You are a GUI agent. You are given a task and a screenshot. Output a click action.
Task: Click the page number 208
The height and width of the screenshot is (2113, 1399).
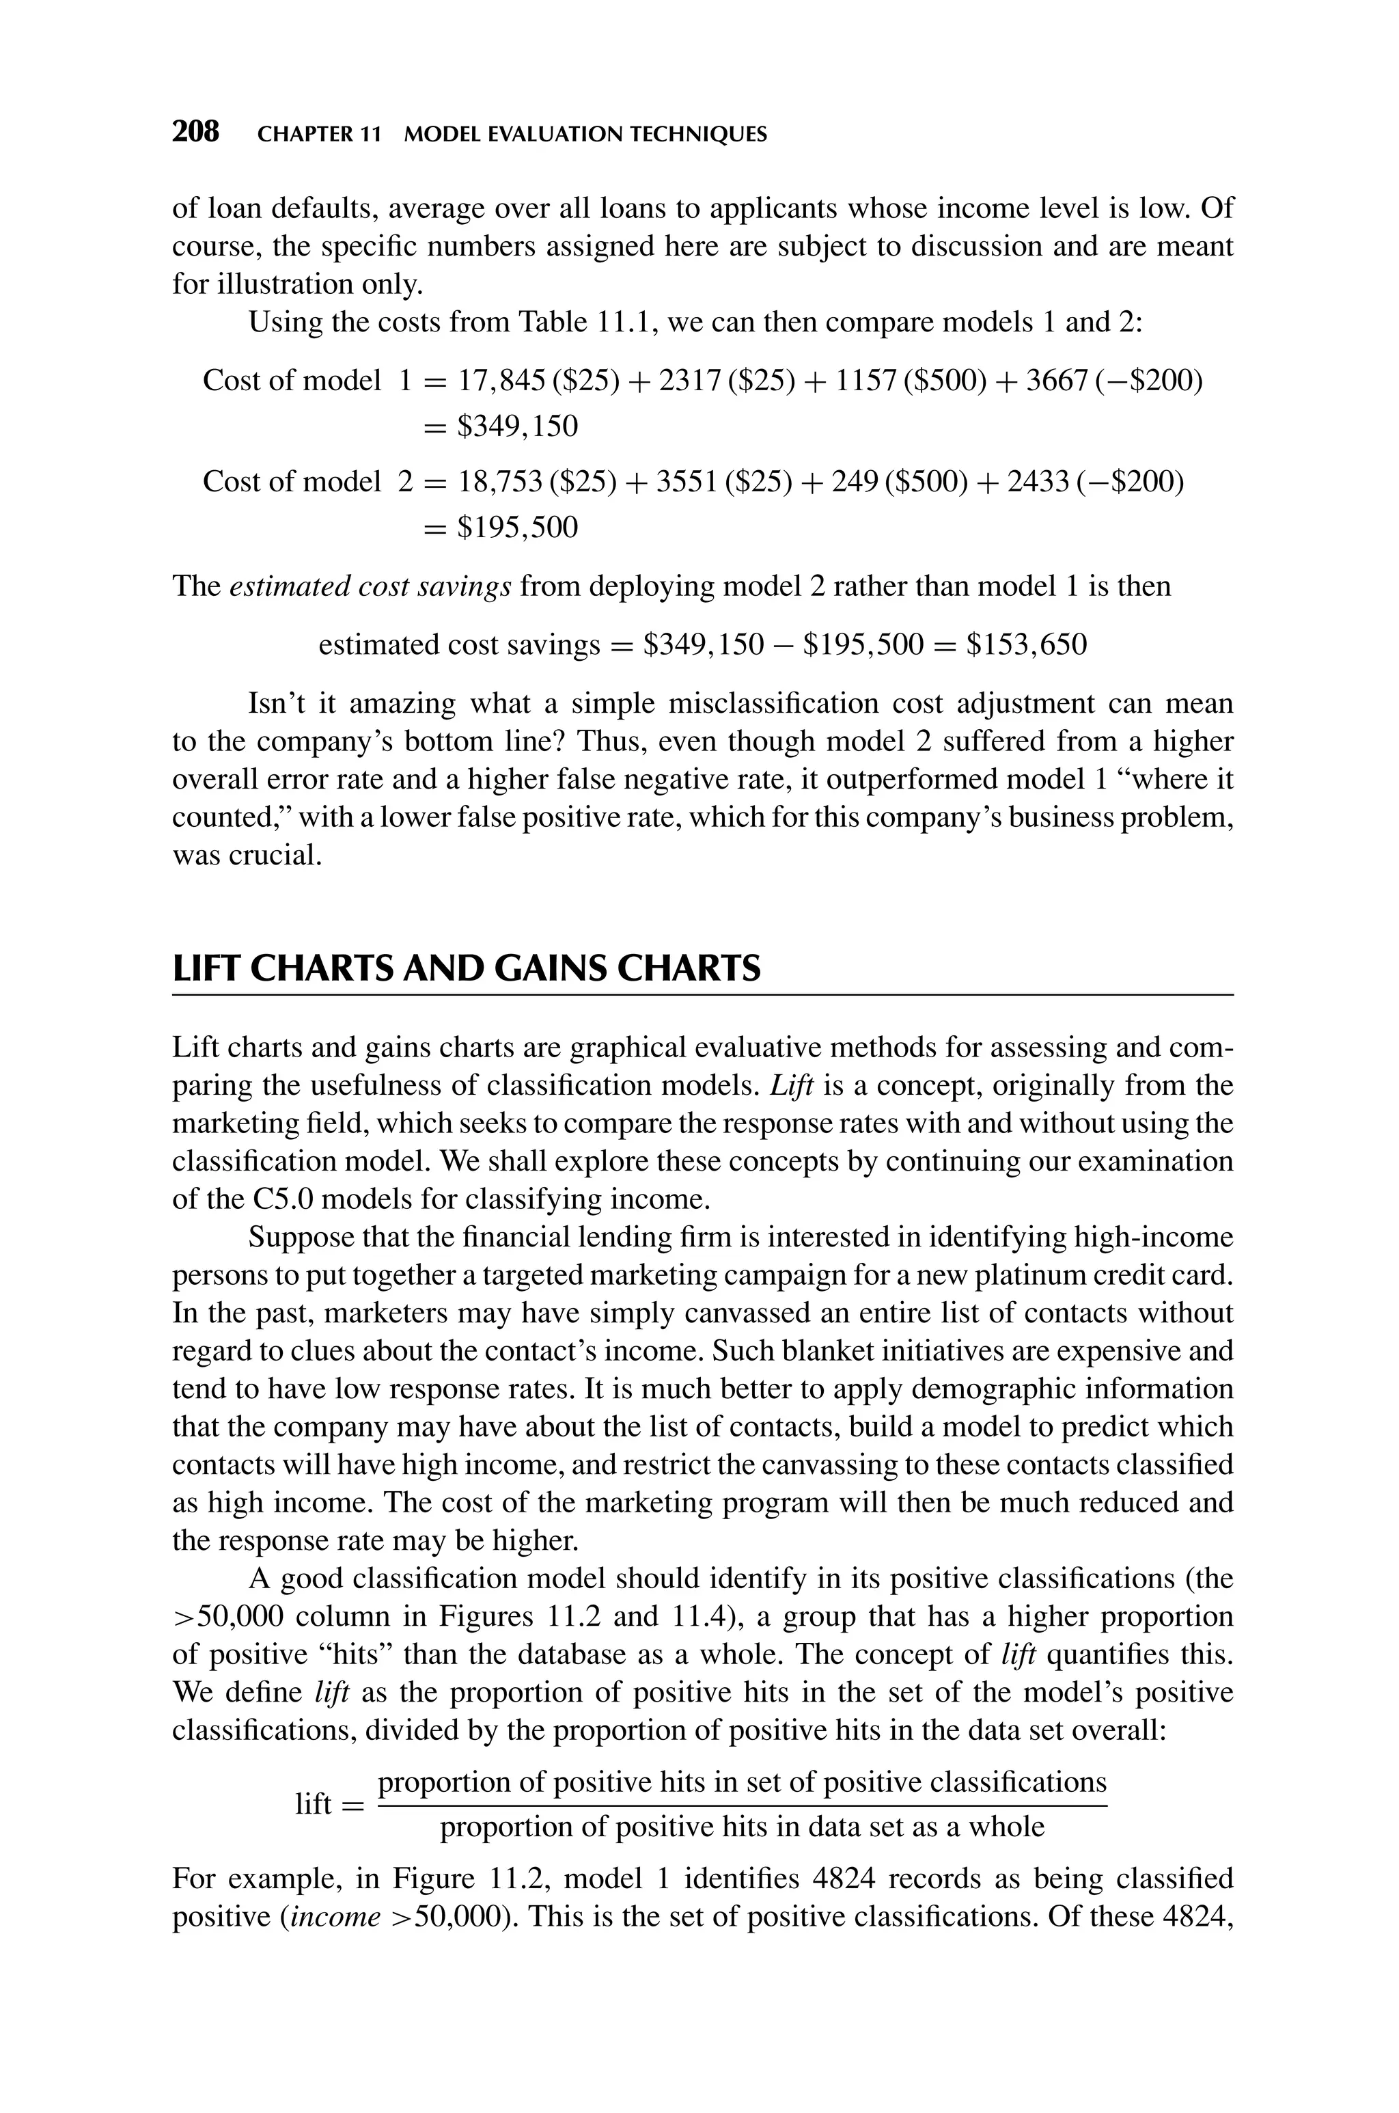(x=195, y=132)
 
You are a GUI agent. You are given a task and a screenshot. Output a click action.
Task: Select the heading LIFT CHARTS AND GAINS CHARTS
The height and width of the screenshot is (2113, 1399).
(x=466, y=968)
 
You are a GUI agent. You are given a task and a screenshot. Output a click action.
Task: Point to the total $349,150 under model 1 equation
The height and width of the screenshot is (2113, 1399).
(x=518, y=426)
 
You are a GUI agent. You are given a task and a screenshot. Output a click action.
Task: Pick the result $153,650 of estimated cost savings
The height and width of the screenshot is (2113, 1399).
(x=1027, y=644)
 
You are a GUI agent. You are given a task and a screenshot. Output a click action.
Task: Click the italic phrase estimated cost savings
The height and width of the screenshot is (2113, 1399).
(x=370, y=586)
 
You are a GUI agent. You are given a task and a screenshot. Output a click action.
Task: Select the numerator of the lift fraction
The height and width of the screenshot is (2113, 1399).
(x=743, y=1782)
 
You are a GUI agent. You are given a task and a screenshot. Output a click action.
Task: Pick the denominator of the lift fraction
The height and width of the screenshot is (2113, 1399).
(x=743, y=1827)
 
